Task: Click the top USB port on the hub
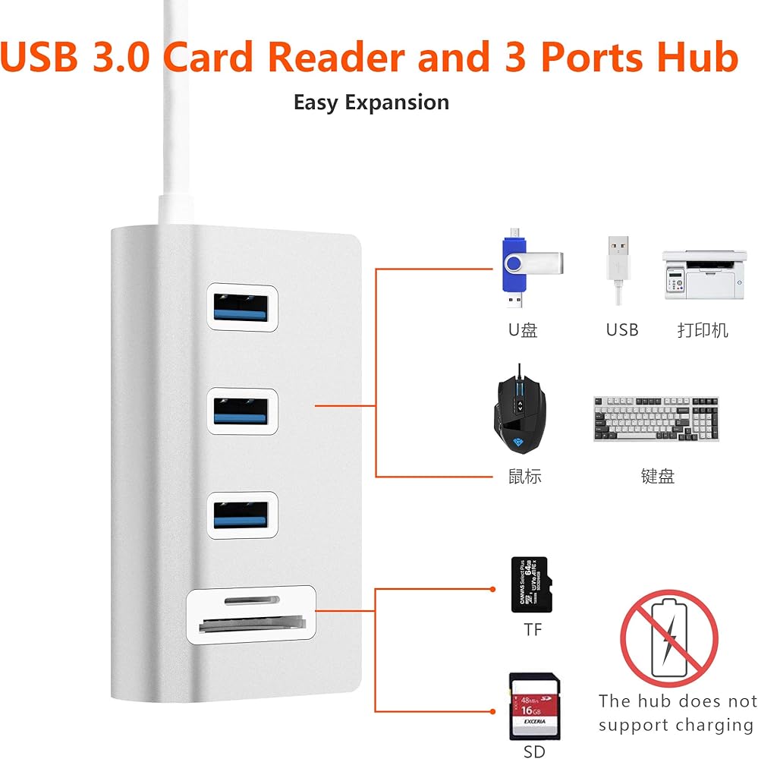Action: tap(241, 307)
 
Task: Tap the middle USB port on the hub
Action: tap(241, 411)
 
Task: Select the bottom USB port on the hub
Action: tap(241, 515)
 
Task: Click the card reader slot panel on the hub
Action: tap(250, 615)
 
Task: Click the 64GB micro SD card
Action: tap(532, 584)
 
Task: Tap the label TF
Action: tap(533, 629)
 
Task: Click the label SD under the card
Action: tap(534, 751)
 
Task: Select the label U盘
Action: tap(523, 330)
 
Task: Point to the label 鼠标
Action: tap(524, 477)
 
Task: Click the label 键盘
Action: tap(657, 477)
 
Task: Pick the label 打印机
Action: tap(703, 330)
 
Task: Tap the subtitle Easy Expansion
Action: tap(371, 102)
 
